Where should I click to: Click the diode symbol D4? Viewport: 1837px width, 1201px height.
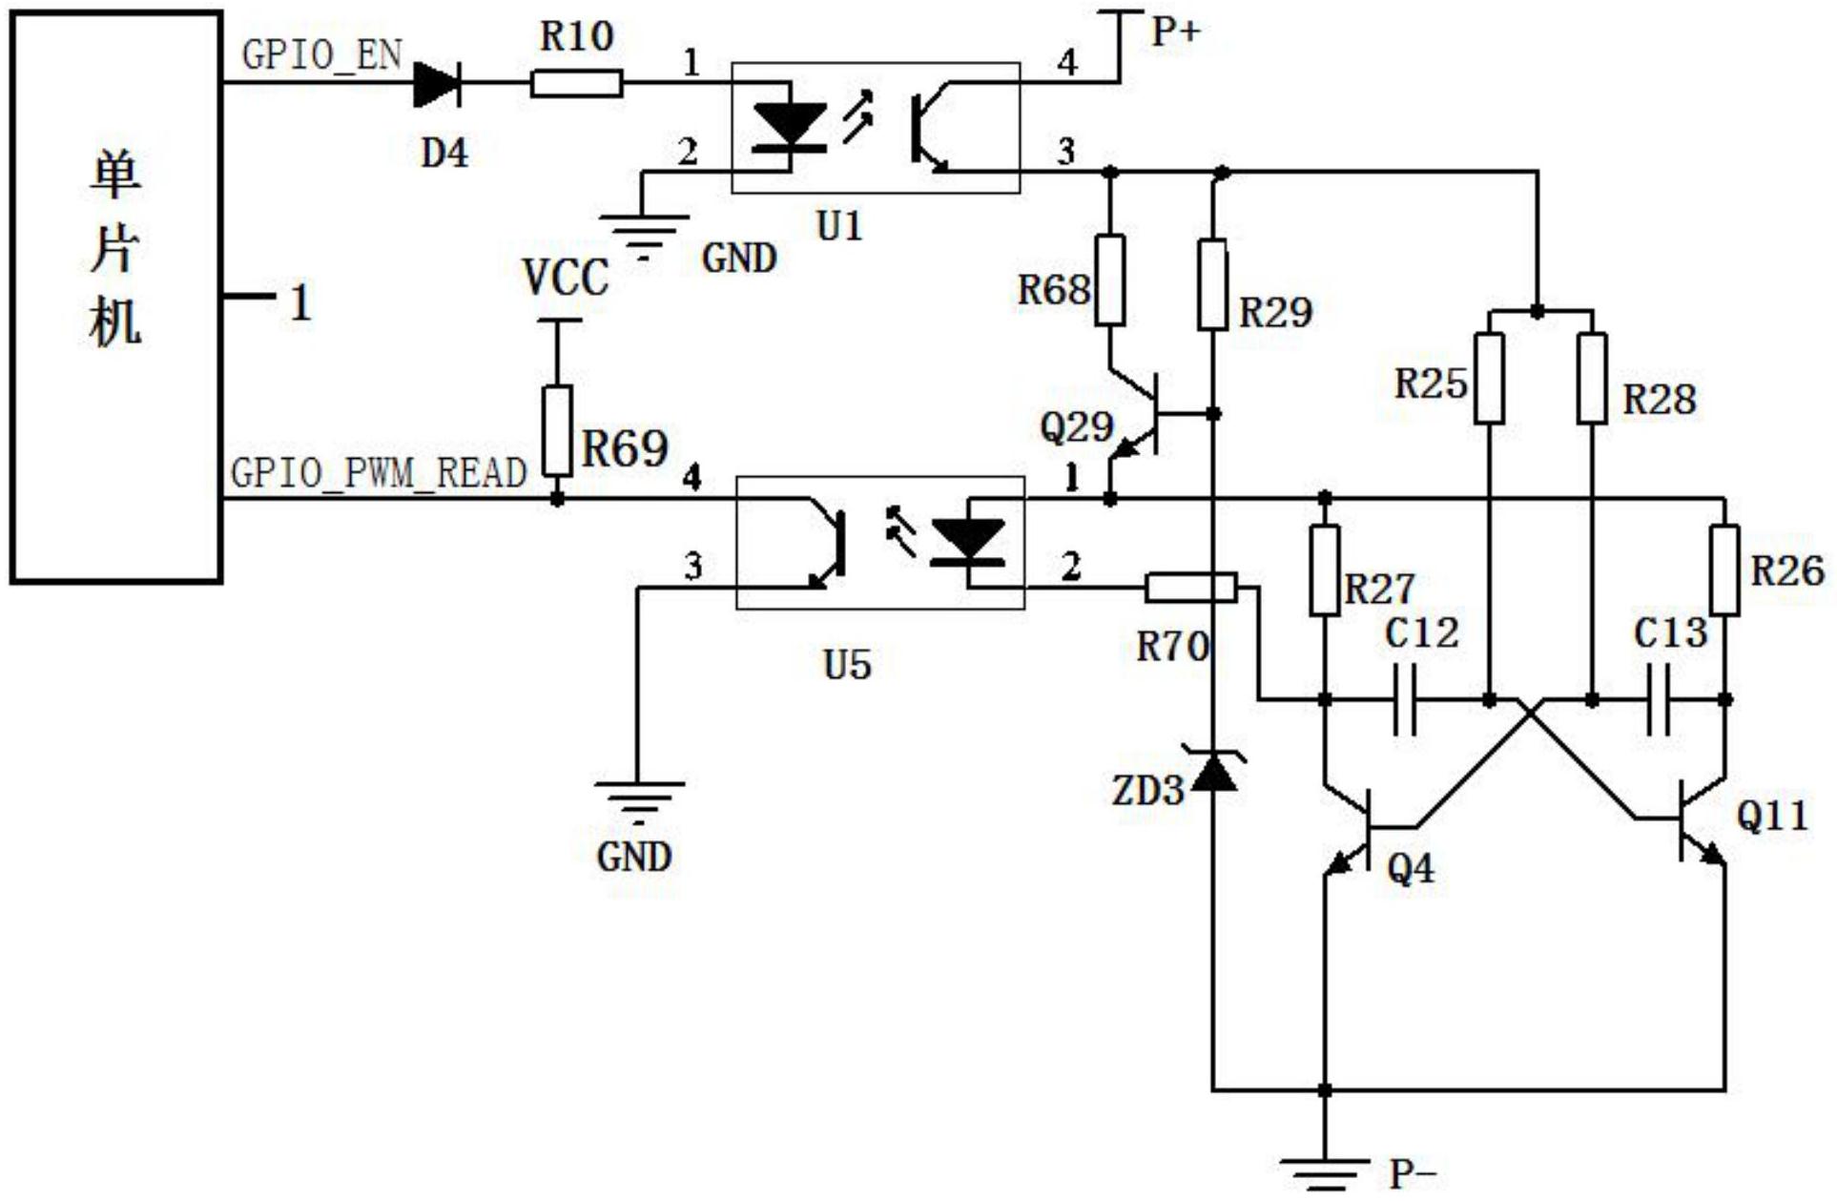[x=437, y=84]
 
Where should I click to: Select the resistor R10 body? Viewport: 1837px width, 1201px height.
[x=577, y=84]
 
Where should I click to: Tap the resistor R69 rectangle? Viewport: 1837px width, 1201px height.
[x=558, y=430]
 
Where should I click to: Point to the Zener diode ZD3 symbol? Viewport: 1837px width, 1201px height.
[x=1213, y=768]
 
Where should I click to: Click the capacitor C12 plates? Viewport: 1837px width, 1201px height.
[x=1405, y=700]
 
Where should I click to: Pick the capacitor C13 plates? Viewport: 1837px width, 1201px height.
[x=1659, y=700]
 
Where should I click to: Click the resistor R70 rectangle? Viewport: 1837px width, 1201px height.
[x=1191, y=588]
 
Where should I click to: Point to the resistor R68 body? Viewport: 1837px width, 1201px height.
[x=1110, y=280]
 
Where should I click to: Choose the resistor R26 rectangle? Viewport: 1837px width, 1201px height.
[x=1724, y=569]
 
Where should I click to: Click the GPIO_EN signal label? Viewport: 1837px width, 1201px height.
[x=322, y=55]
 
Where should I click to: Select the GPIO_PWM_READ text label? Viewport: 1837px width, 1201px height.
[x=379, y=473]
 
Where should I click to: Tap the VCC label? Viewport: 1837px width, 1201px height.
[x=566, y=279]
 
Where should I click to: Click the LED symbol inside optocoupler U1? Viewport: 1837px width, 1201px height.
[x=790, y=127]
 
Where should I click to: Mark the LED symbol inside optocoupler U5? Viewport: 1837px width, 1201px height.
[x=968, y=542]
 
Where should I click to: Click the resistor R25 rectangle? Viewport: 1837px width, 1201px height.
[x=1490, y=379]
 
